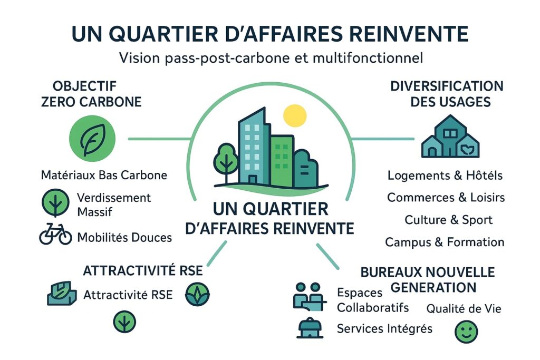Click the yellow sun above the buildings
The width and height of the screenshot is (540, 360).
click(294, 115)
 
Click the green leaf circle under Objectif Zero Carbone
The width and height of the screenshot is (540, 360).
click(92, 138)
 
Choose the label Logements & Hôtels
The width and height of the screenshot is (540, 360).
click(445, 175)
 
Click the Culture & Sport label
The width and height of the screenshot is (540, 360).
click(448, 220)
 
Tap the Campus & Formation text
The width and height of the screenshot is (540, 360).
click(445, 242)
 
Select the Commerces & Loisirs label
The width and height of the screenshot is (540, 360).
click(446, 197)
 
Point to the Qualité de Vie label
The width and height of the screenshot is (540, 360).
click(464, 309)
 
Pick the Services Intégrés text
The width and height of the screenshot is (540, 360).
click(384, 328)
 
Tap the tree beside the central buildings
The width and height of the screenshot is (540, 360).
click(226, 155)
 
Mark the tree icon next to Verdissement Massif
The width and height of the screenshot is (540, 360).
click(55, 204)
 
